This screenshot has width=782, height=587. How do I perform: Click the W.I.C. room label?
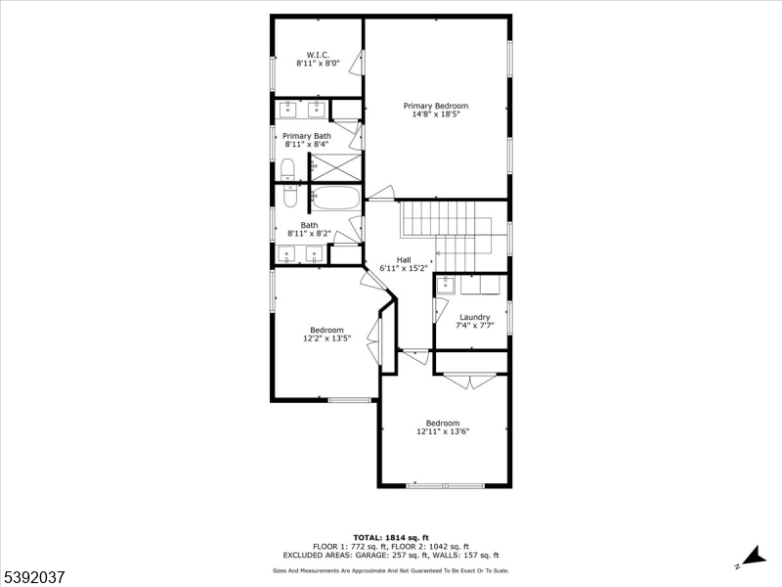[318, 55]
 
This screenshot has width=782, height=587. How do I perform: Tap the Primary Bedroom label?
[436, 106]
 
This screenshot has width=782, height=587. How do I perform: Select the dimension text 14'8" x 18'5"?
[436, 114]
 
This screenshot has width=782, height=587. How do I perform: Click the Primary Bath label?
[307, 136]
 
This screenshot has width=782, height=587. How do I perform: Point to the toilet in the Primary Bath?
[287, 169]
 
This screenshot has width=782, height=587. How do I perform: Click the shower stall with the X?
[336, 167]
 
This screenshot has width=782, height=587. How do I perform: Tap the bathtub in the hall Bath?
[336, 199]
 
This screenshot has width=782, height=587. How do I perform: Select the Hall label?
[404, 260]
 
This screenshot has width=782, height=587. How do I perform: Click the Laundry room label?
[475, 317]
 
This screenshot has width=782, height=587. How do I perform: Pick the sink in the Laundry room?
[445, 285]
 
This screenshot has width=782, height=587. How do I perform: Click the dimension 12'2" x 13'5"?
[327, 339]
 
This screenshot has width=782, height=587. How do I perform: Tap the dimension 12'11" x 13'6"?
[443, 431]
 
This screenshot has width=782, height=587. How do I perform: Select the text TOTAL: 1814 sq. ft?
[391, 537]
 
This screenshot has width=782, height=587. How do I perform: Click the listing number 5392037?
[33, 577]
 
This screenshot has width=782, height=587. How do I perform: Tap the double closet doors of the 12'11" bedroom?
[470, 381]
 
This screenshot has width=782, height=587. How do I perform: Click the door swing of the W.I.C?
[356, 63]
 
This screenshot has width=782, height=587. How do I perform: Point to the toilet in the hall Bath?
[289, 196]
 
